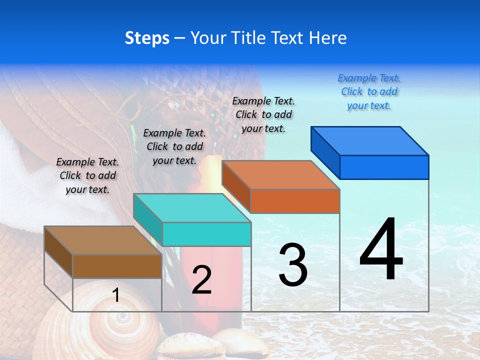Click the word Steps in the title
click(147, 38)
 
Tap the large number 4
click(381, 250)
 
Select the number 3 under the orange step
click(293, 265)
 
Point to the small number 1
click(116, 295)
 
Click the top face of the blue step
click(370, 140)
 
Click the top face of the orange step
click(281, 175)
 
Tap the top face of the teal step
click(192, 208)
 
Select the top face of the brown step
click(103, 240)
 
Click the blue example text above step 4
click(369, 91)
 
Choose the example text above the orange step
click(263, 114)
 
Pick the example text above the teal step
click(174, 146)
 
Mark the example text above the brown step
click(87, 175)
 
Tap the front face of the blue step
click(384, 167)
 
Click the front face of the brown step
click(117, 266)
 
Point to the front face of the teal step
click(206, 234)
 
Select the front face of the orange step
click(295, 201)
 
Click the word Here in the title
click(328, 38)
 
